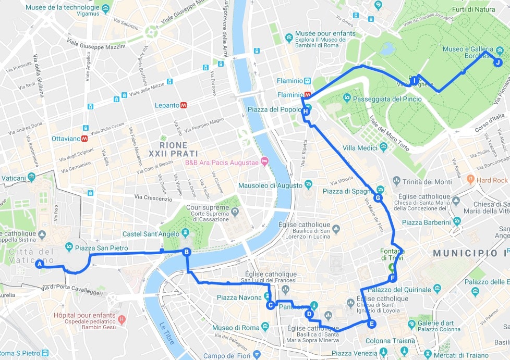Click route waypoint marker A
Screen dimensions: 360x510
coord(39,265)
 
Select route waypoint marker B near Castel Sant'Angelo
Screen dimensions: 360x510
coord(186,253)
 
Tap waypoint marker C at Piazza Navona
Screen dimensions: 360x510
coord(270,305)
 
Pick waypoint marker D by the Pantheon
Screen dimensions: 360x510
coord(309,314)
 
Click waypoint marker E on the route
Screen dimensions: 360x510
coord(371,324)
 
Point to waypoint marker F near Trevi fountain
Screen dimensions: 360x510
coord(392,278)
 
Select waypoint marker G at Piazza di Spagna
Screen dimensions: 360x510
coord(378,198)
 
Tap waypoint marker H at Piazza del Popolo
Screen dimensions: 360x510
coord(306,111)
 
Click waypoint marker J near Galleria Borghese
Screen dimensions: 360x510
coord(497,63)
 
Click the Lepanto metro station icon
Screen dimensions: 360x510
coord(184,105)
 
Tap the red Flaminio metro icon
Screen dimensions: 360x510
coord(308,95)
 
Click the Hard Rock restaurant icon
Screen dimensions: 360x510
coord(470,180)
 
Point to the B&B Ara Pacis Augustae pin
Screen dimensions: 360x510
coord(264,162)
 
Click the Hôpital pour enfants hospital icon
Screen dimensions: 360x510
coord(122,319)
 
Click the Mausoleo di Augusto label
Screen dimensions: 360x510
coord(270,185)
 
